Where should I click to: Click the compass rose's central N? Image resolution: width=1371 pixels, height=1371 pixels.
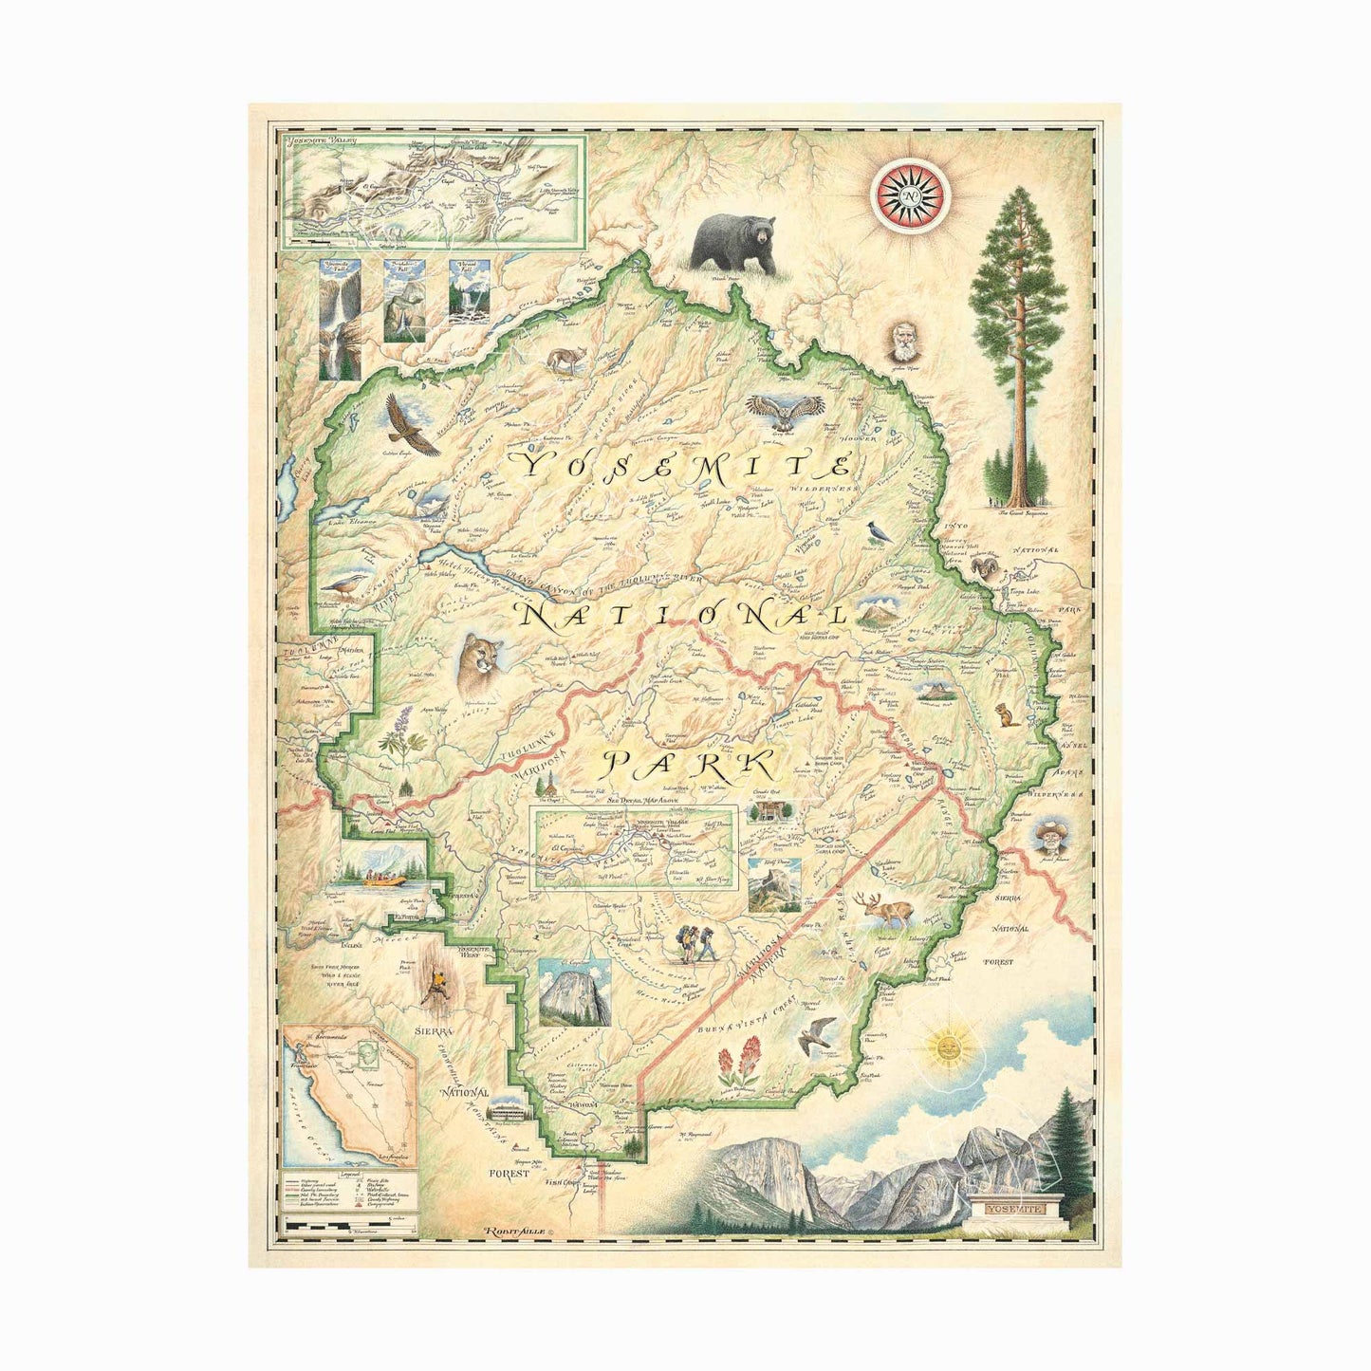pos(911,196)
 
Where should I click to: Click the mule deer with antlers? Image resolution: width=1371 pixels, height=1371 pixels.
pos(887,911)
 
